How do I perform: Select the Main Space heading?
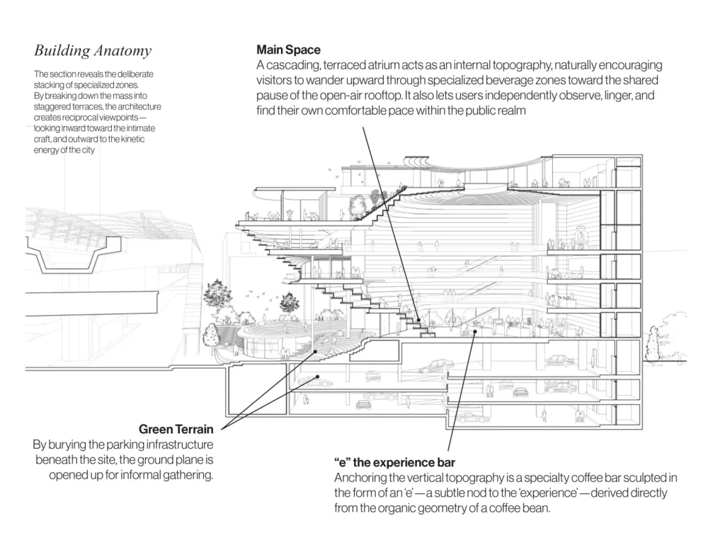289,50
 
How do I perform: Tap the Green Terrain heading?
176,430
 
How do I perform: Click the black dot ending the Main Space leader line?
418,319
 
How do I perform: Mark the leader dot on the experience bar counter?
475,331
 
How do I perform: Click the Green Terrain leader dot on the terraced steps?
316,352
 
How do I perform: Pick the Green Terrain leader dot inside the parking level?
318,377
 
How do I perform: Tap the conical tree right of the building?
652,343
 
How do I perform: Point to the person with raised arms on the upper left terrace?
290,214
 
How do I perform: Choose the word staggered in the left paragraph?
50,107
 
